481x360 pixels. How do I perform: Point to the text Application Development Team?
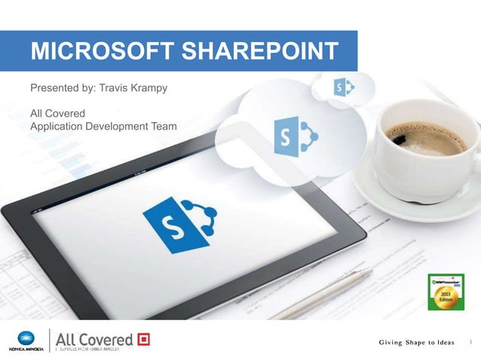click(x=103, y=126)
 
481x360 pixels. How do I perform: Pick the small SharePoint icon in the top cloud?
click(x=343, y=89)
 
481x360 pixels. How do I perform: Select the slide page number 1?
click(x=471, y=343)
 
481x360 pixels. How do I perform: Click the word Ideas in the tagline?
click(x=443, y=343)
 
